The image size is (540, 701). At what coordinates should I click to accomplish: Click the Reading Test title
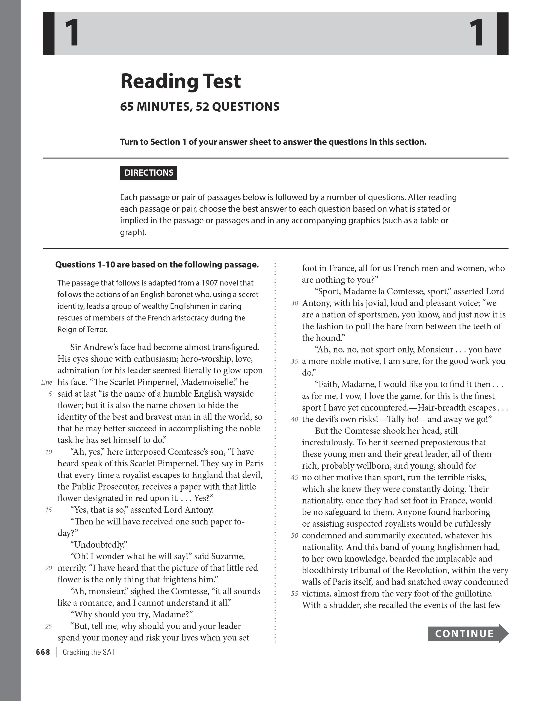click(180, 81)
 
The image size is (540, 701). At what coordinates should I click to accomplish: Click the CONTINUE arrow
click(468, 633)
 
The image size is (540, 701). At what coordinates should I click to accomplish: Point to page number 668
click(43, 652)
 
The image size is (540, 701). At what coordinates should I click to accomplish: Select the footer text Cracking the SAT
click(89, 652)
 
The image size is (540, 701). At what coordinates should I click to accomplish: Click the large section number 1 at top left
click(72, 33)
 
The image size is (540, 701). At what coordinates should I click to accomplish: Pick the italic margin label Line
click(47, 382)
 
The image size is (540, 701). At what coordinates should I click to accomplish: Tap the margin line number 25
click(48, 626)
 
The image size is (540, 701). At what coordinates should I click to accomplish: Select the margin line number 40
click(294, 419)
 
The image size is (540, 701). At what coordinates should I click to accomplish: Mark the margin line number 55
click(294, 594)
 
